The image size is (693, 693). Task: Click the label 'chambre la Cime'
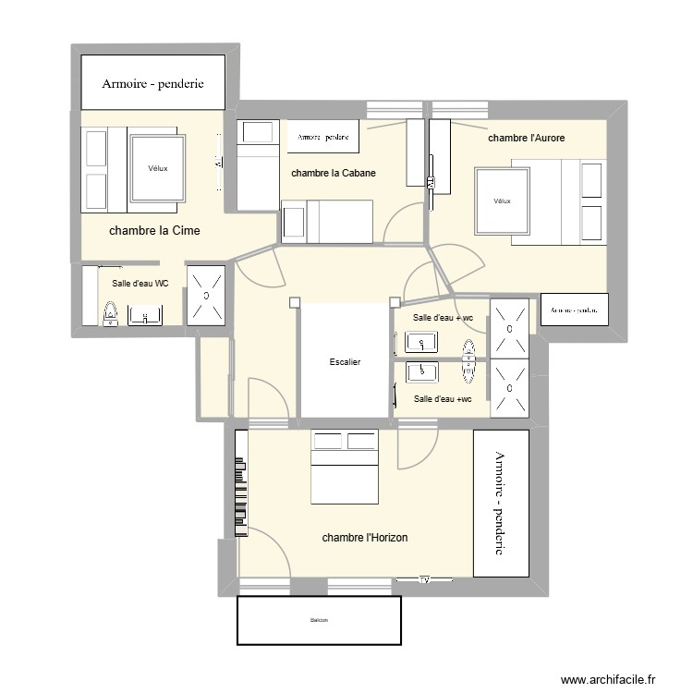154,231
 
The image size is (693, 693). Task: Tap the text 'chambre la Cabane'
333,173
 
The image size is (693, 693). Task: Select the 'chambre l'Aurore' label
526,138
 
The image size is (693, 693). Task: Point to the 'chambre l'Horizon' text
365,537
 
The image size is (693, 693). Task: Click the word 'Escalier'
345,362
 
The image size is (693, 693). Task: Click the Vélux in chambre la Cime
159,168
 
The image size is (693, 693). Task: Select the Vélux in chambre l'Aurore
502,201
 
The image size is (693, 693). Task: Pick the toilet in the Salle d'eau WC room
110,316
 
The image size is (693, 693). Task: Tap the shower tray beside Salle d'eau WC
206,295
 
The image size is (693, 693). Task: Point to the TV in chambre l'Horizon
425,580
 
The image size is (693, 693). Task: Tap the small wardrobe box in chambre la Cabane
322,136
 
